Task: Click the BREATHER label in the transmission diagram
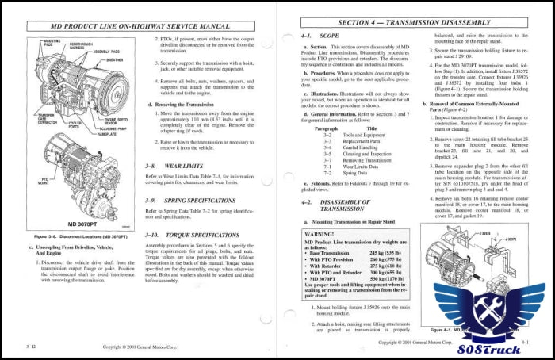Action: [113, 59]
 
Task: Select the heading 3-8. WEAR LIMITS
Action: [175, 166]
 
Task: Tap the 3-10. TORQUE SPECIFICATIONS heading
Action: [193, 236]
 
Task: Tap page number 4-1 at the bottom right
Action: [525, 343]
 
